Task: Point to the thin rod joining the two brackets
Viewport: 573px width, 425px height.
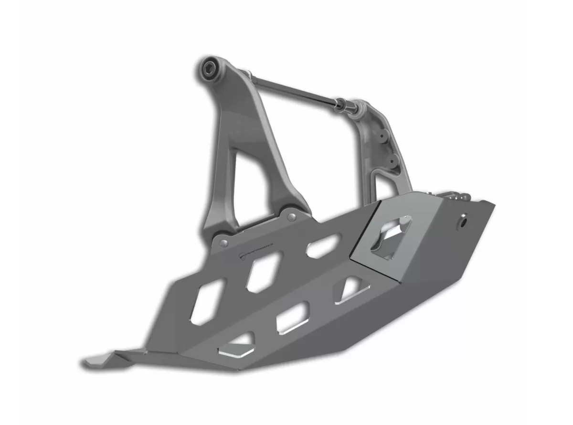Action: point(291,89)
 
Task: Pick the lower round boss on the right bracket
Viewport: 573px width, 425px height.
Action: point(393,159)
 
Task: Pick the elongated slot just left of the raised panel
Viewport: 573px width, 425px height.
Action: point(323,245)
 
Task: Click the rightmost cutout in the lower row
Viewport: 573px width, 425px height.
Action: point(351,290)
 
